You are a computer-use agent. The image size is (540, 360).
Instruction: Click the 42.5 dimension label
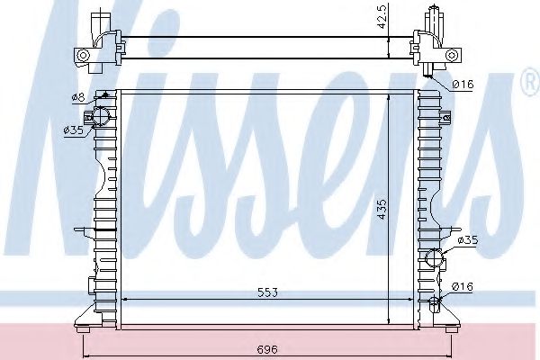click(x=382, y=16)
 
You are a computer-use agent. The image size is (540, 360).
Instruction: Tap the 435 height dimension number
click(x=382, y=209)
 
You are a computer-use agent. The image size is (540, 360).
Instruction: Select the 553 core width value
click(x=267, y=292)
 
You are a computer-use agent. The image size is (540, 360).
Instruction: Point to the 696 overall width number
click(x=267, y=350)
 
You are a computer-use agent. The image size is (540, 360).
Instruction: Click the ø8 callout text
click(x=78, y=97)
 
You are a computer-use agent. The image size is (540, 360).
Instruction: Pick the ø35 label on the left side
click(x=74, y=130)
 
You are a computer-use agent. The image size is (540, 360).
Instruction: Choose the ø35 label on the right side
click(x=468, y=240)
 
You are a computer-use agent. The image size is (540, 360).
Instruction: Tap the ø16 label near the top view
click(x=463, y=84)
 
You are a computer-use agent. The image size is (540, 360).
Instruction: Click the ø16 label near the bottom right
click(x=463, y=286)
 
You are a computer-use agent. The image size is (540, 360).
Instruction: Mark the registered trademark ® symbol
click(x=531, y=82)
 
